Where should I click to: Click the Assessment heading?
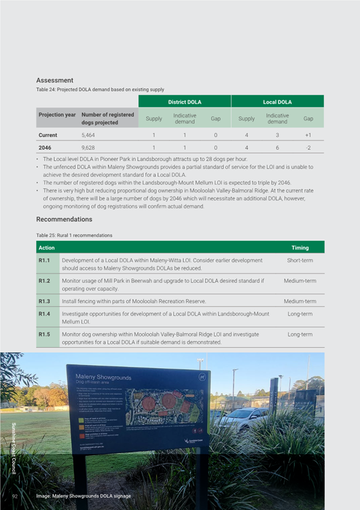click(x=55, y=81)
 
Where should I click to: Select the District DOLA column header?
click(x=185, y=102)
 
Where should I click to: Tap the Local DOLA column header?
click(x=277, y=102)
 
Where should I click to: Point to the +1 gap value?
click(x=308, y=135)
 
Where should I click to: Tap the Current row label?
click(x=48, y=135)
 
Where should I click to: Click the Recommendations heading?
click(x=64, y=220)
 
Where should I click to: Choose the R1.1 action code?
click(x=44, y=260)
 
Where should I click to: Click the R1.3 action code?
click(x=44, y=301)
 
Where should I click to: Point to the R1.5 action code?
click(x=44, y=334)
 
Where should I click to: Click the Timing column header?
click(x=300, y=248)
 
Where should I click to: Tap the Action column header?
click(x=46, y=248)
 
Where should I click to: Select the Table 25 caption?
click(x=74, y=235)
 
